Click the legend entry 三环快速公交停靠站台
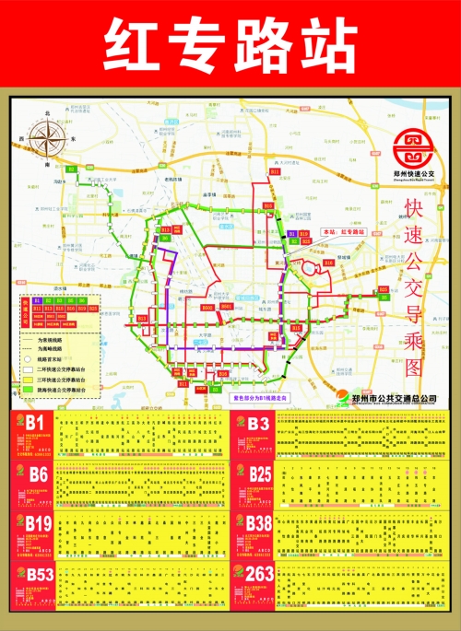(69, 380)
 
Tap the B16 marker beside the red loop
(328, 263)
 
